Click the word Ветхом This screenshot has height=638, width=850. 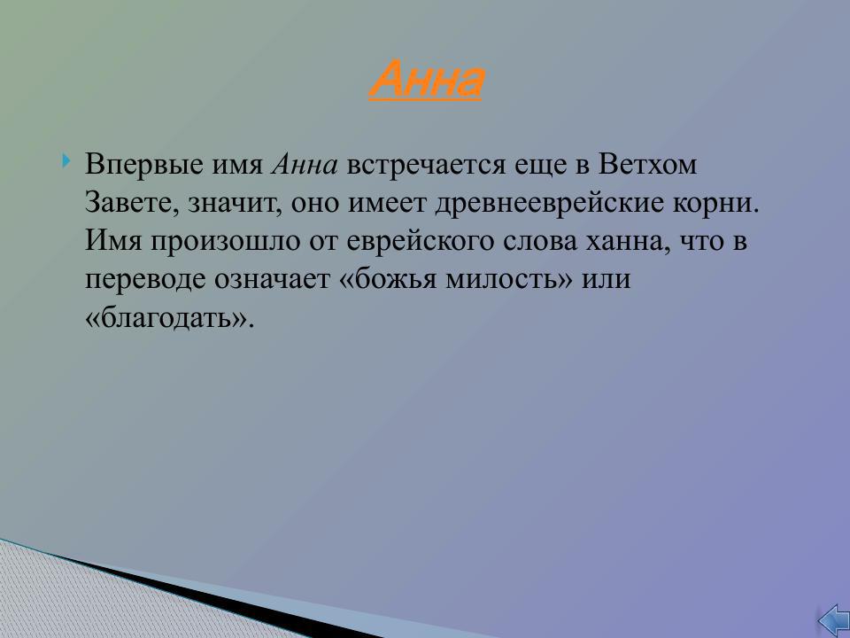coord(647,166)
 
